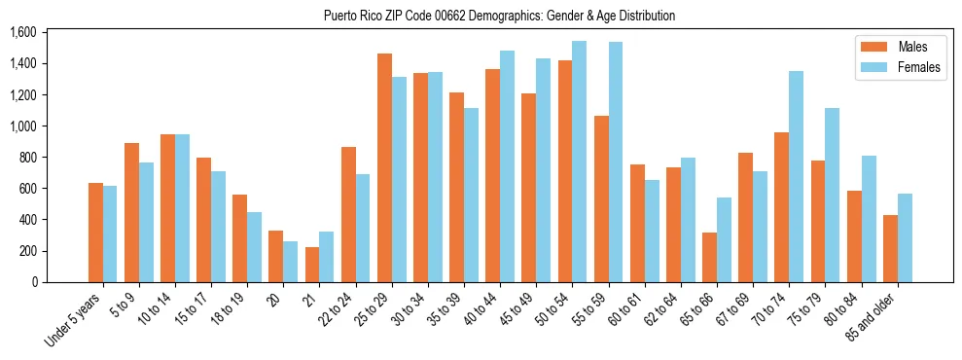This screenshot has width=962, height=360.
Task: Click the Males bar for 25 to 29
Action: [384, 167]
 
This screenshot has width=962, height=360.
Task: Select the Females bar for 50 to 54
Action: [580, 162]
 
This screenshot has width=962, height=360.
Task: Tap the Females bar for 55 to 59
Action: [616, 162]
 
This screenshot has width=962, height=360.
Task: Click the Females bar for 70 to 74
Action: [796, 176]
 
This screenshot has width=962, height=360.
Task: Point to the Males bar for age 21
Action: [312, 265]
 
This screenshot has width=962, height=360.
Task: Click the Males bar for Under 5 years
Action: [95, 233]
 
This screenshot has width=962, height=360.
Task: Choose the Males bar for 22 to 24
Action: [348, 214]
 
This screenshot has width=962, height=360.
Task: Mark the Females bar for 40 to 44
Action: [507, 166]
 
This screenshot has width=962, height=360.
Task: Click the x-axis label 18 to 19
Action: [232, 310]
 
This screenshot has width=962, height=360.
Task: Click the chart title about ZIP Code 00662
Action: [499, 16]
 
